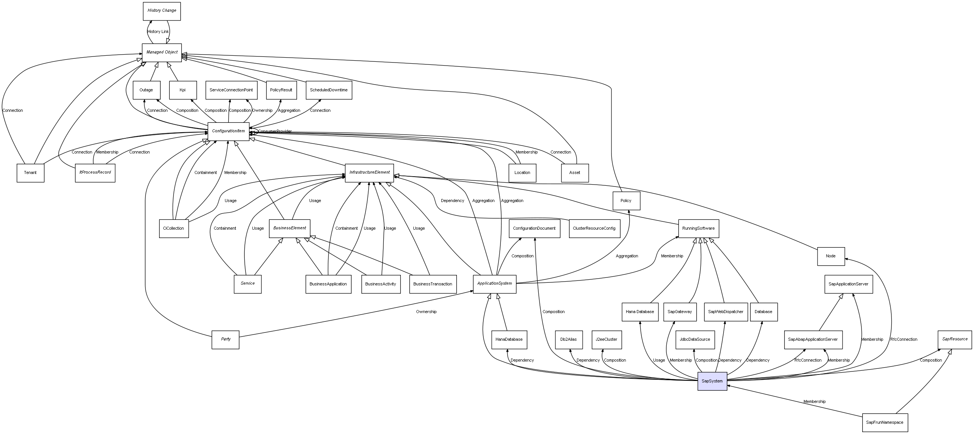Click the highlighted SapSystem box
[712, 381]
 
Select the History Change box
[162, 11]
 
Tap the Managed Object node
[162, 52]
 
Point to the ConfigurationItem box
[228, 131]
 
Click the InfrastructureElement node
[369, 172]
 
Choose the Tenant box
[30, 173]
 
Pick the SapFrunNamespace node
[885, 422]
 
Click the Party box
[225, 339]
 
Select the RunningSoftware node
[698, 228]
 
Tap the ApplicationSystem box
[494, 284]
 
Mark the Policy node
[626, 201]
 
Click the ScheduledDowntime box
[328, 90]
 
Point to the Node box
[830, 256]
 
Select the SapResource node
[955, 339]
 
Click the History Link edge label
[158, 32]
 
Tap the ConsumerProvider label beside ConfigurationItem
[275, 132]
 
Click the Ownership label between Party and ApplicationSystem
[426, 312]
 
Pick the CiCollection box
[174, 228]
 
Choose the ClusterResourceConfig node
[594, 228]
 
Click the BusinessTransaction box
[433, 284]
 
